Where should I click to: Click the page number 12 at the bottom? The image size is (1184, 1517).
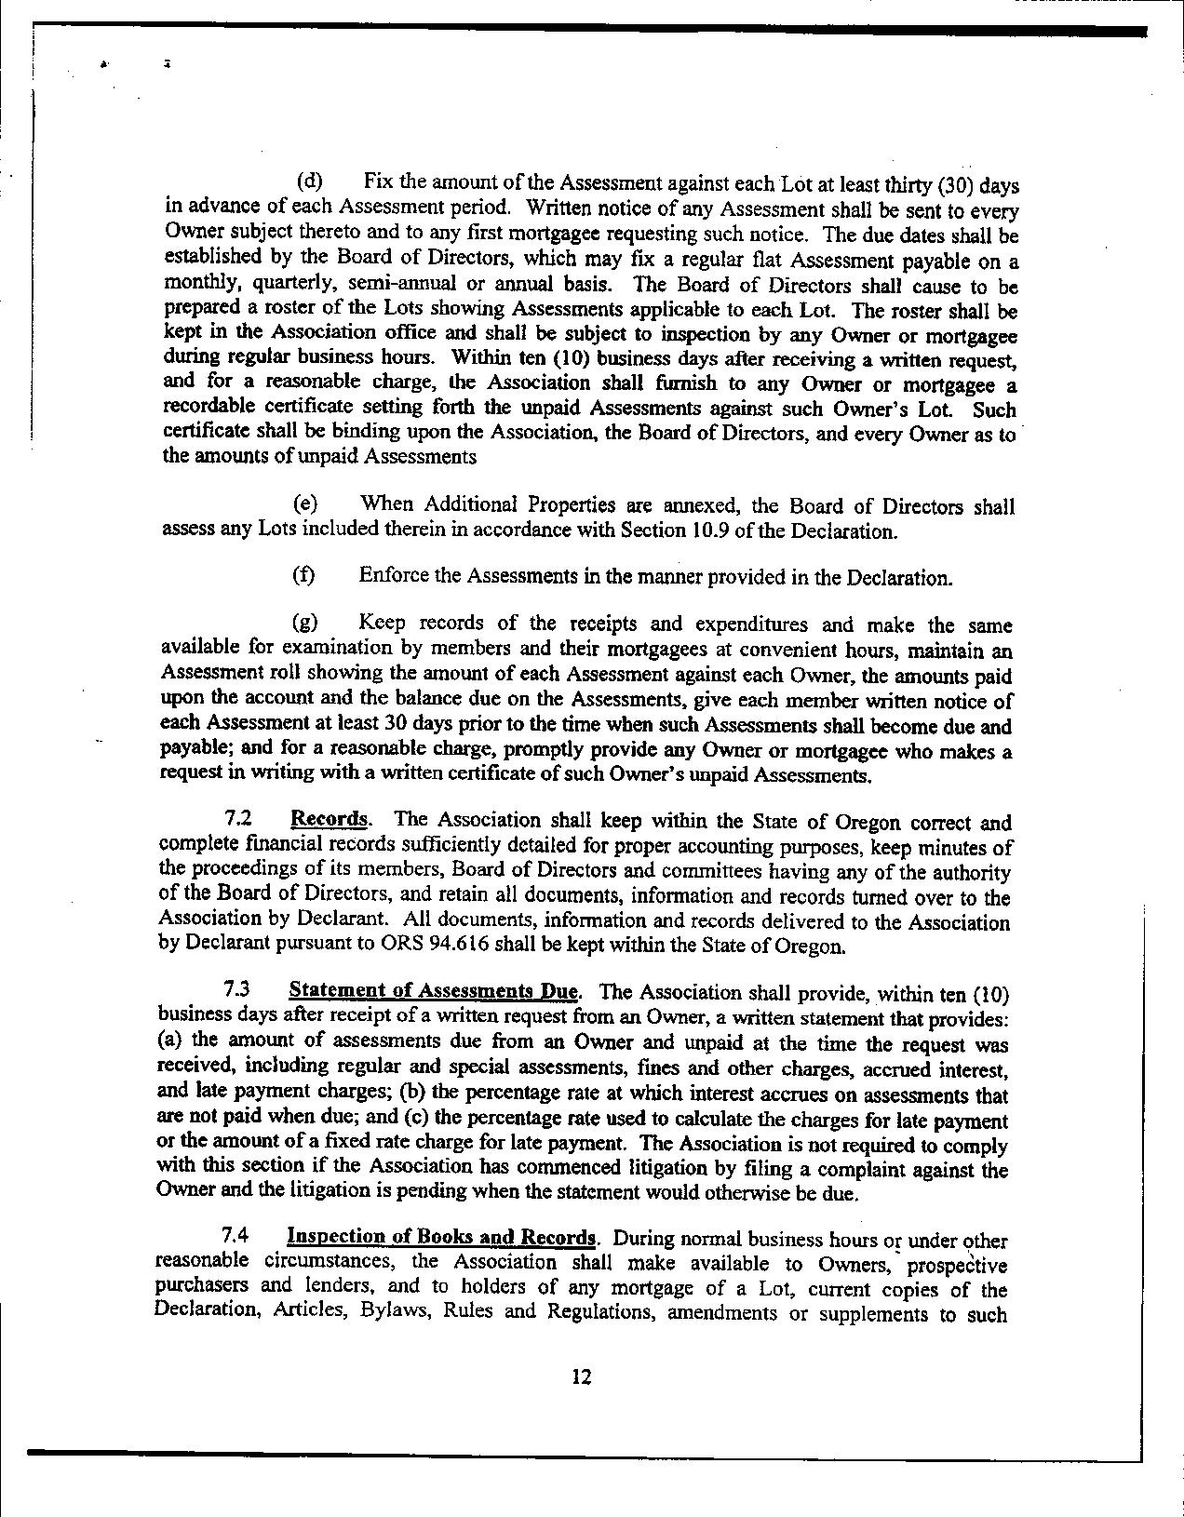(582, 1377)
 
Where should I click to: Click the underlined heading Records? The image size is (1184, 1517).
(329, 820)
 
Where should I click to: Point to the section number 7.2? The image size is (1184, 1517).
(237, 820)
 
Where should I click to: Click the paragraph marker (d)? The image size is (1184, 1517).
(309, 180)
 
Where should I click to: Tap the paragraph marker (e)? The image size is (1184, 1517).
(305, 504)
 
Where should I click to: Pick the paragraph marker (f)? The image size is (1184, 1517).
(303, 576)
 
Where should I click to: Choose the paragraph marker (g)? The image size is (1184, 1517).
(305, 622)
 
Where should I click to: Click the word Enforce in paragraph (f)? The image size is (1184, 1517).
(391, 576)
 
